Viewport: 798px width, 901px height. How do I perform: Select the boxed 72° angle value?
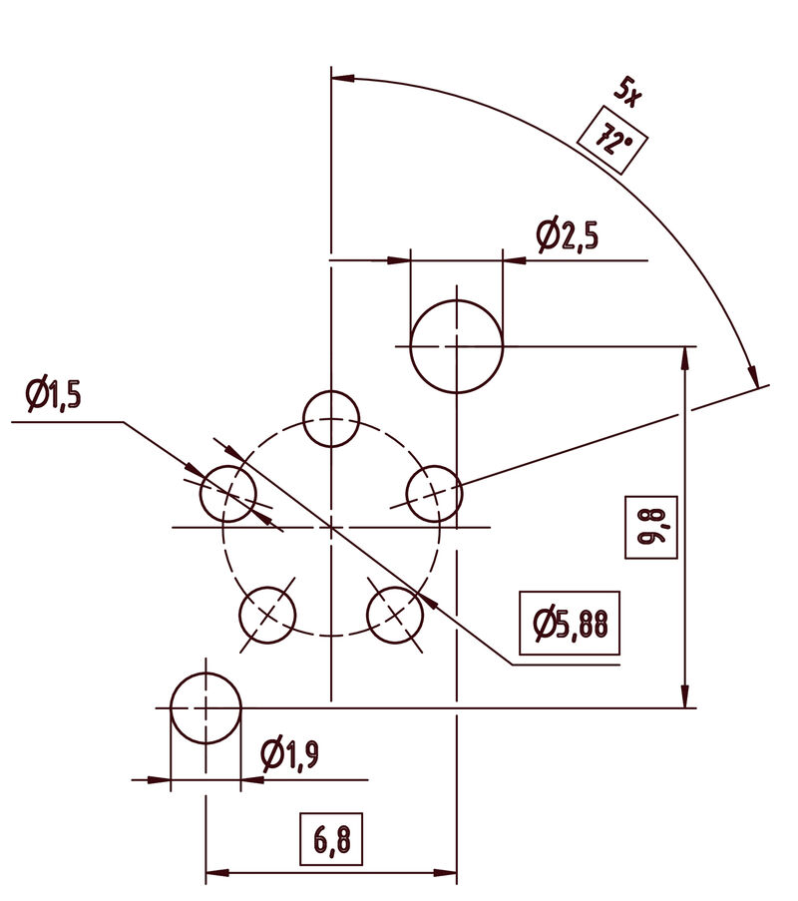pyautogui.click(x=612, y=141)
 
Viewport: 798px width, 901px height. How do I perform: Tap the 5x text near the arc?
pyautogui.click(x=628, y=93)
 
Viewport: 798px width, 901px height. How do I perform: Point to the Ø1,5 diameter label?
pyautogui.click(x=53, y=395)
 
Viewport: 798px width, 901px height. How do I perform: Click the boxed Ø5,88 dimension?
pyautogui.click(x=570, y=625)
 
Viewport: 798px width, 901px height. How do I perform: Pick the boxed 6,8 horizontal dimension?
pyautogui.click(x=331, y=839)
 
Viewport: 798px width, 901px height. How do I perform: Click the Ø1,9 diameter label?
pyautogui.click(x=288, y=756)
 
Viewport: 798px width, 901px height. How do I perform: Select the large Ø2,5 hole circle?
pyautogui.click(x=456, y=346)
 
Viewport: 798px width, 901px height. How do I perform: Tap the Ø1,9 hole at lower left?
pyautogui.click(x=205, y=708)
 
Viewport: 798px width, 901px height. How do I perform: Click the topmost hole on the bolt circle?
pyautogui.click(x=330, y=419)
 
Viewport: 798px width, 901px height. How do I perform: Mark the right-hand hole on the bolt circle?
pyautogui.click(x=434, y=493)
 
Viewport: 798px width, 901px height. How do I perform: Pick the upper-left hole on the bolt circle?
pyautogui.click(x=228, y=493)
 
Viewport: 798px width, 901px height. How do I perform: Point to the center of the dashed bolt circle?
pyautogui.click(x=330, y=526)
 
